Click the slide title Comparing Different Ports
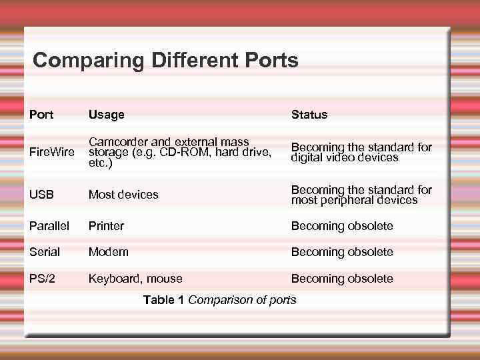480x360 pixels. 165,61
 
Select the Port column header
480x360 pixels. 41,115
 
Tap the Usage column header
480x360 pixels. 107,115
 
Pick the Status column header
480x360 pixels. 309,115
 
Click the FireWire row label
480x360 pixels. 52,153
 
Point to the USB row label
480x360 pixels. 41,195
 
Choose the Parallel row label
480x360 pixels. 49,226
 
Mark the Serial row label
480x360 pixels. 45,252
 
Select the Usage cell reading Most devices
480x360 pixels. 123,195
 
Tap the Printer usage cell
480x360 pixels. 107,226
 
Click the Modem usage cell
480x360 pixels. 109,252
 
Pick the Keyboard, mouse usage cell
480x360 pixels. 135,279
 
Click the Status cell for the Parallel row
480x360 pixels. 342,226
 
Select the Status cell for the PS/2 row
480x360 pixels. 342,279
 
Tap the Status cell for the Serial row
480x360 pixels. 342,252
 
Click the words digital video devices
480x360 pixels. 345,158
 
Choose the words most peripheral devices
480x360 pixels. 354,200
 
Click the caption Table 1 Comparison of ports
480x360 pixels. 220,300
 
